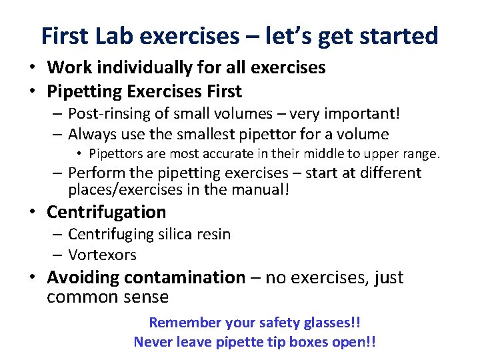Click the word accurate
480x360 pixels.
point(235,154)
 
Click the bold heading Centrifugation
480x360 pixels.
point(106,212)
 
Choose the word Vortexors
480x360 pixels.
point(102,255)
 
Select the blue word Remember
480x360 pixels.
point(185,323)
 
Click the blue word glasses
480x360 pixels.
point(326,323)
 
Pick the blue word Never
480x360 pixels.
point(153,342)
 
